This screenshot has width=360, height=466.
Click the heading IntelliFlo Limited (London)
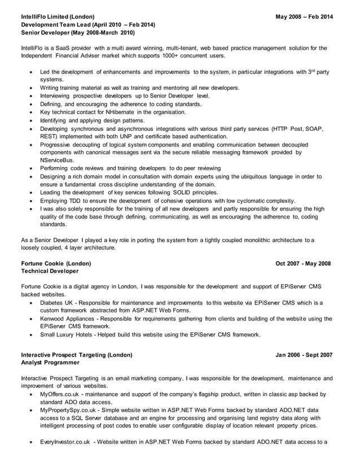[x=58, y=17]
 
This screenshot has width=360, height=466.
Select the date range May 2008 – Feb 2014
[x=304, y=17]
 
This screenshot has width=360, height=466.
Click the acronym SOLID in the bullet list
[x=181, y=192]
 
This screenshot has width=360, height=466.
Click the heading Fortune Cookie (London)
[x=55, y=263]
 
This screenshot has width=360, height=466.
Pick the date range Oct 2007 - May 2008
[x=303, y=263]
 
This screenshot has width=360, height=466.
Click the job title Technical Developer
[x=50, y=271]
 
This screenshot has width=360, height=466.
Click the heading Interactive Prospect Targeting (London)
[x=76, y=355]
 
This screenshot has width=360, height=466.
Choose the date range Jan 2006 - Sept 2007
[x=304, y=355]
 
